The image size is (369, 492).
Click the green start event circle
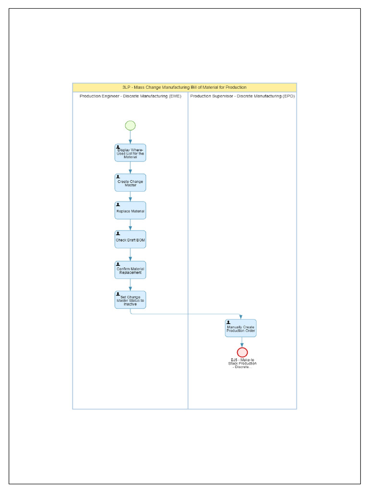tap(130, 125)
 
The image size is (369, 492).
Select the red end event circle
tap(242, 352)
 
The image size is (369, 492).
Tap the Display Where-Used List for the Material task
tap(130, 153)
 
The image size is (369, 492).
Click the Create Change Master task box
tap(130, 183)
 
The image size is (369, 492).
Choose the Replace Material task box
tap(130, 210)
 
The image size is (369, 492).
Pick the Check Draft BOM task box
tap(130, 239)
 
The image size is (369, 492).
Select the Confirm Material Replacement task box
tap(130, 270)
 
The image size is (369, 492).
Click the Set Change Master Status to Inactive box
tap(130, 300)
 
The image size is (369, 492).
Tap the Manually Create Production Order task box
tap(241, 328)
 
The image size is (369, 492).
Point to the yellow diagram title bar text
tap(184, 87)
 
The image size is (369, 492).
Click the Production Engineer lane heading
tap(131, 96)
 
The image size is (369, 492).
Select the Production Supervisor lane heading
tap(243, 96)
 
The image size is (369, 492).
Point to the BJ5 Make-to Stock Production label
tap(242, 363)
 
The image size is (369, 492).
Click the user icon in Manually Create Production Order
tap(228, 322)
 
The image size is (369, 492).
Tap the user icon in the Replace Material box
tap(118, 205)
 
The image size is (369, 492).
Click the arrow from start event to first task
tap(130, 137)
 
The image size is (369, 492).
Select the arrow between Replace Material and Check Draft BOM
tap(130, 225)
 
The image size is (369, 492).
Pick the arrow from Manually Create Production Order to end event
tap(242, 342)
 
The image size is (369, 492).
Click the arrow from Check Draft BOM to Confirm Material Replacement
tap(130, 255)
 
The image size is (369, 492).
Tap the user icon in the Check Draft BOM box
tap(118, 234)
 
